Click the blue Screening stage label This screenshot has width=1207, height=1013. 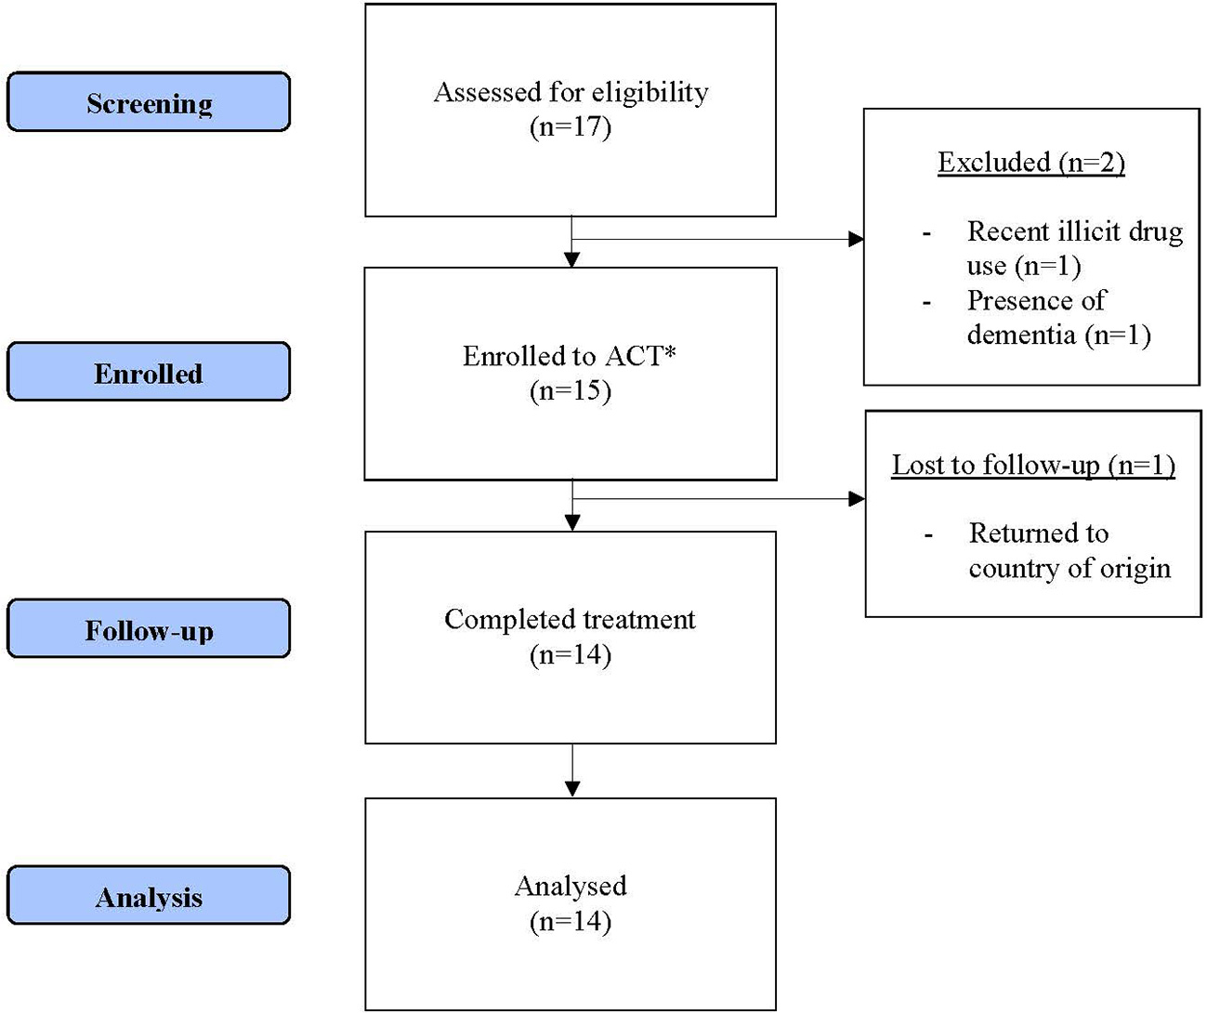[x=149, y=102]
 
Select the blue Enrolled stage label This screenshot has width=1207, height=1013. [x=149, y=373]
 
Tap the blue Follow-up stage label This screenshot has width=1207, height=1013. [x=149, y=630]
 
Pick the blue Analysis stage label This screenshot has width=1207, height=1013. [x=149, y=897]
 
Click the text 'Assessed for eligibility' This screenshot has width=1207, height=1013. [x=571, y=92]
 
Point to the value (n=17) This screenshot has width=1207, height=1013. [x=571, y=126]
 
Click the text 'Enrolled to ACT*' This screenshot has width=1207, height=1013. [x=569, y=356]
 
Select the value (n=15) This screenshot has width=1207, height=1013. [x=571, y=390]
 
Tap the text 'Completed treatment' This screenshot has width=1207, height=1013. [x=570, y=619]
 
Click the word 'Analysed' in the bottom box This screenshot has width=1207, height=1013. [x=571, y=886]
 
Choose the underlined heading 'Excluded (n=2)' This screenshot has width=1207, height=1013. [x=1031, y=163]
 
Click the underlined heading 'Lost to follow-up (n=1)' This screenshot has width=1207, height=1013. [x=1033, y=465]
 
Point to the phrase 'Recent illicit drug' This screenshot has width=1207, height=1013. [x=1075, y=230]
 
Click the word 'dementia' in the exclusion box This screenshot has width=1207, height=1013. [x=1022, y=335]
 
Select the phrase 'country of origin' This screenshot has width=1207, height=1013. [x=1069, y=568]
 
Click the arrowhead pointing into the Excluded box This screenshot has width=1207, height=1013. [x=857, y=240]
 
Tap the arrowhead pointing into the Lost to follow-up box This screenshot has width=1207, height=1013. [x=858, y=499]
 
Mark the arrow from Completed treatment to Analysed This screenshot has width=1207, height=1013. [x=571, y=770]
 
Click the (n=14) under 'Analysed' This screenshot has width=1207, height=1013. [x=571, y=921]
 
